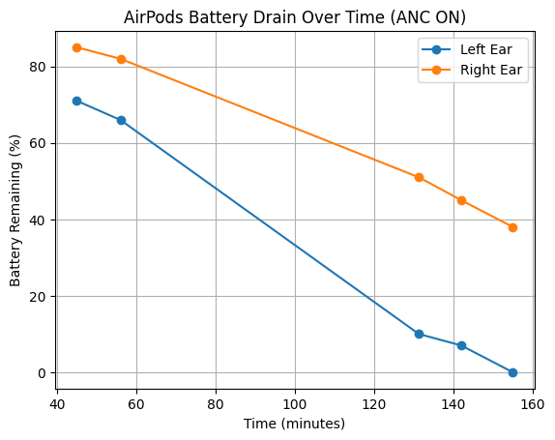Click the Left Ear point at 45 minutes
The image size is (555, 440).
(76, 101)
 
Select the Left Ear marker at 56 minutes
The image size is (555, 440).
(121, 120)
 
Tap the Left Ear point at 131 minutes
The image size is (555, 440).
(419, 334)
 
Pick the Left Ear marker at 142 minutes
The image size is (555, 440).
(461, 345)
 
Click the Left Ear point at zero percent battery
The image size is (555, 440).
(512, 372)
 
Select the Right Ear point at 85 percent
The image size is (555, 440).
(76, 47)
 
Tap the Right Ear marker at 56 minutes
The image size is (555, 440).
(121, 59)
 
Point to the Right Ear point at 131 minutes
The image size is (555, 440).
(419, 177)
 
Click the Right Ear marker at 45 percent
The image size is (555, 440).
(461, 200)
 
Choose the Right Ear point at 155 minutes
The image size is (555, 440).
(512, 227)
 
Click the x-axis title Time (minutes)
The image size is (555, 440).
(294, 423)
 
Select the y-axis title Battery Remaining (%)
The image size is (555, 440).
(15, 209)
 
